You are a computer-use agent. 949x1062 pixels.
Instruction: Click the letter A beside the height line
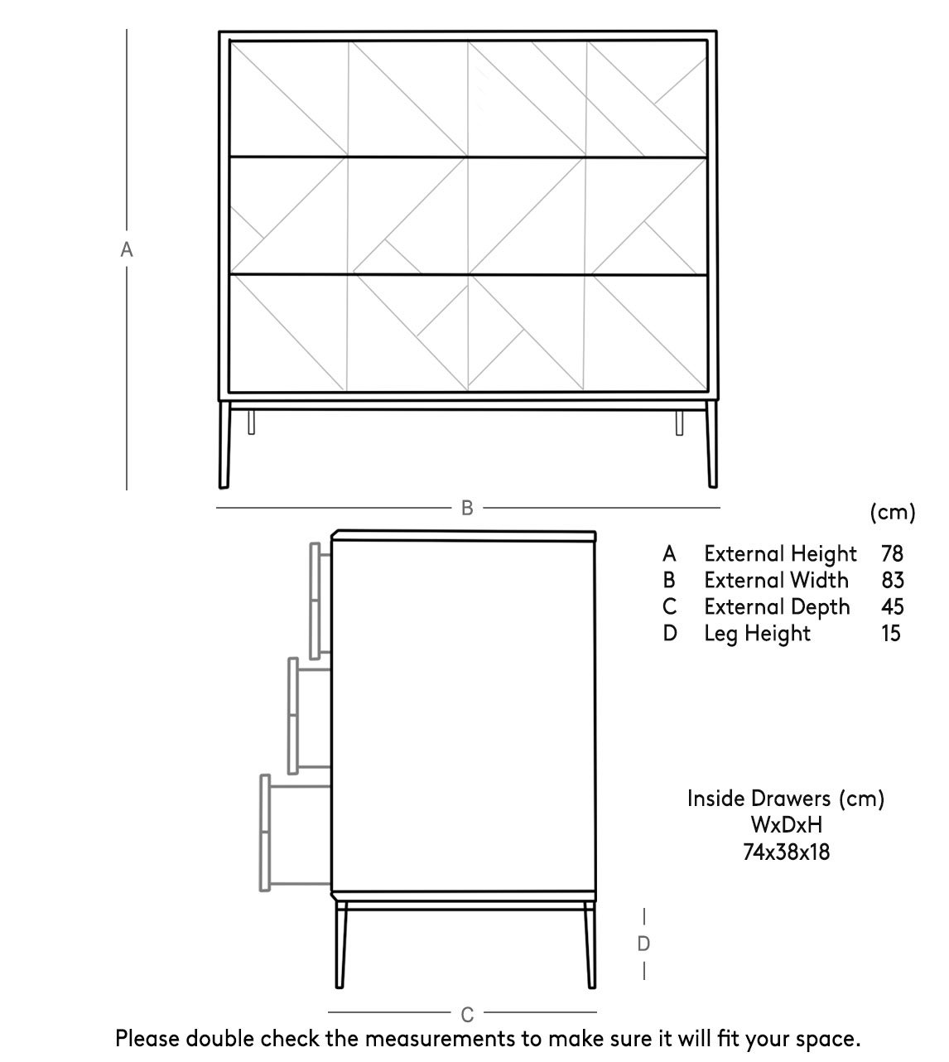127,249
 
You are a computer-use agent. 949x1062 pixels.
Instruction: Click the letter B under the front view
467,508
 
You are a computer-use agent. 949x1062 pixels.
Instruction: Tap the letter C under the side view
467,1014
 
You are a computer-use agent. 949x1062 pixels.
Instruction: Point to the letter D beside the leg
643,944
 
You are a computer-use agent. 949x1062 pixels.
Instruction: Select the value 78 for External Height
892,553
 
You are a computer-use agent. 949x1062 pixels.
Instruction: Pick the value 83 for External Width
892,580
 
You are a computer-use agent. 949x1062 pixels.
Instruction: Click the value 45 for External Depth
892,606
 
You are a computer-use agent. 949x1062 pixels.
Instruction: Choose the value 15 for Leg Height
892,633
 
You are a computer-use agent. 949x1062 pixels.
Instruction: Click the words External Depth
777,606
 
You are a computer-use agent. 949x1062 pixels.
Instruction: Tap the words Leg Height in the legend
757,634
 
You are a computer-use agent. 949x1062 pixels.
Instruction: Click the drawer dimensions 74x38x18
786,851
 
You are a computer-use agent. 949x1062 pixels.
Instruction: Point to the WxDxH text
786,824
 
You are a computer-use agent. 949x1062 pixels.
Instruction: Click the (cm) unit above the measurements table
893,512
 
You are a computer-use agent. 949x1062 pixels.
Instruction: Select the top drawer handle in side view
316,601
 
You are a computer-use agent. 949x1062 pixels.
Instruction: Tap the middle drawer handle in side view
293,716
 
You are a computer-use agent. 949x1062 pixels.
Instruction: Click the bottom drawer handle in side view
265,833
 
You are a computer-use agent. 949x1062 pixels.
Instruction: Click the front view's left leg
223,447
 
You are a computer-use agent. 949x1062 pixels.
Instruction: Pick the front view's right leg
711,447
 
